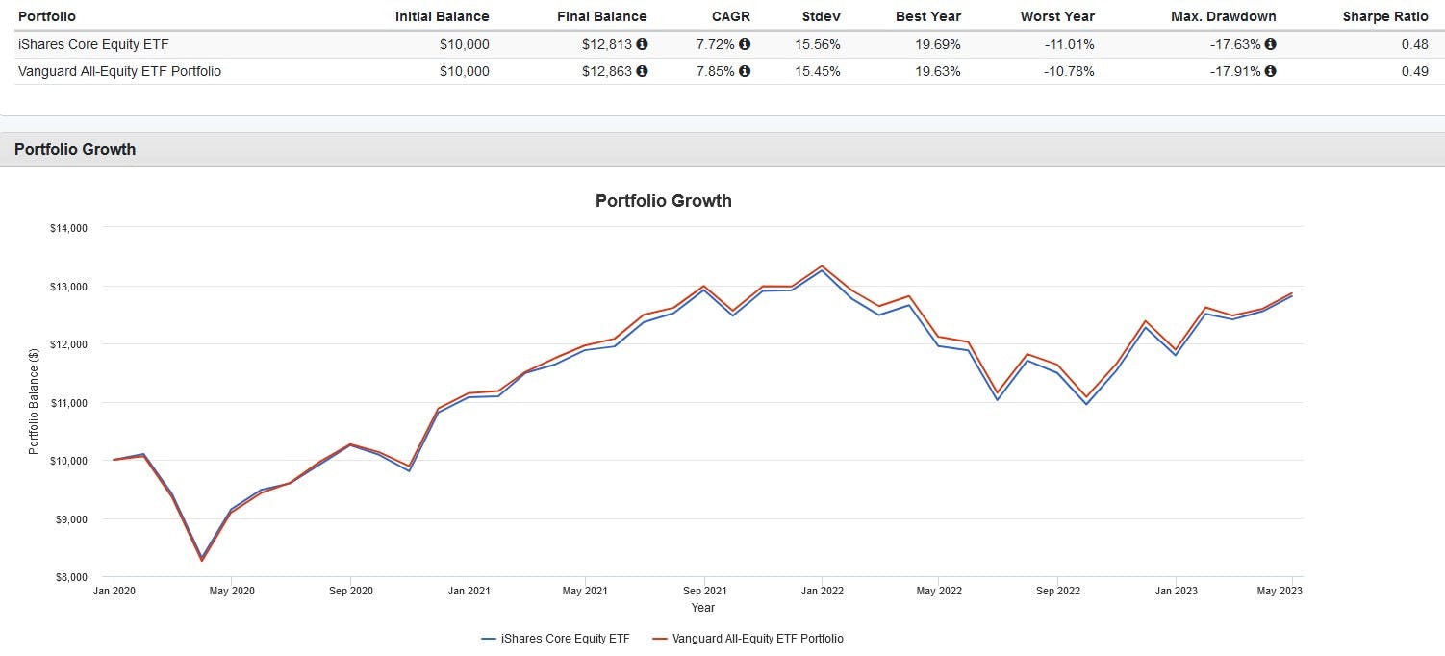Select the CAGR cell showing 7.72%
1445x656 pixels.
(x=716, y=44)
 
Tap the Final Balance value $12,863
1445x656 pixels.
(x=607, y=71)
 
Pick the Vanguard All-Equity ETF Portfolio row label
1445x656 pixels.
(x=119, y=71)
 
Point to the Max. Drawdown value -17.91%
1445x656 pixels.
(x=1235, y=71)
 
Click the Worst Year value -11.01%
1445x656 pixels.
(x=1069, y=44)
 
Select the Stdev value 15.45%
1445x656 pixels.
(x=817, y=71)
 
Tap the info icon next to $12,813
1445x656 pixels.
(x=642, y=44)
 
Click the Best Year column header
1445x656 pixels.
(x=927, y=16)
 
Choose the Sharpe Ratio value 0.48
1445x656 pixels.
(x=1414, y=44)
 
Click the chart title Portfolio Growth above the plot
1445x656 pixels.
(x=663, y=201)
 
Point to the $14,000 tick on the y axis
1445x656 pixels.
(x=68, y=228)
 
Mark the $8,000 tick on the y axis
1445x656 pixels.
(x=68, y=577)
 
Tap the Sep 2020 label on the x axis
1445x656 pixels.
(x=351, y=591)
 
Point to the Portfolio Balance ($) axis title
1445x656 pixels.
(x=34, y=402)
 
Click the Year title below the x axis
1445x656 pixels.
(x=702, y=608)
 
